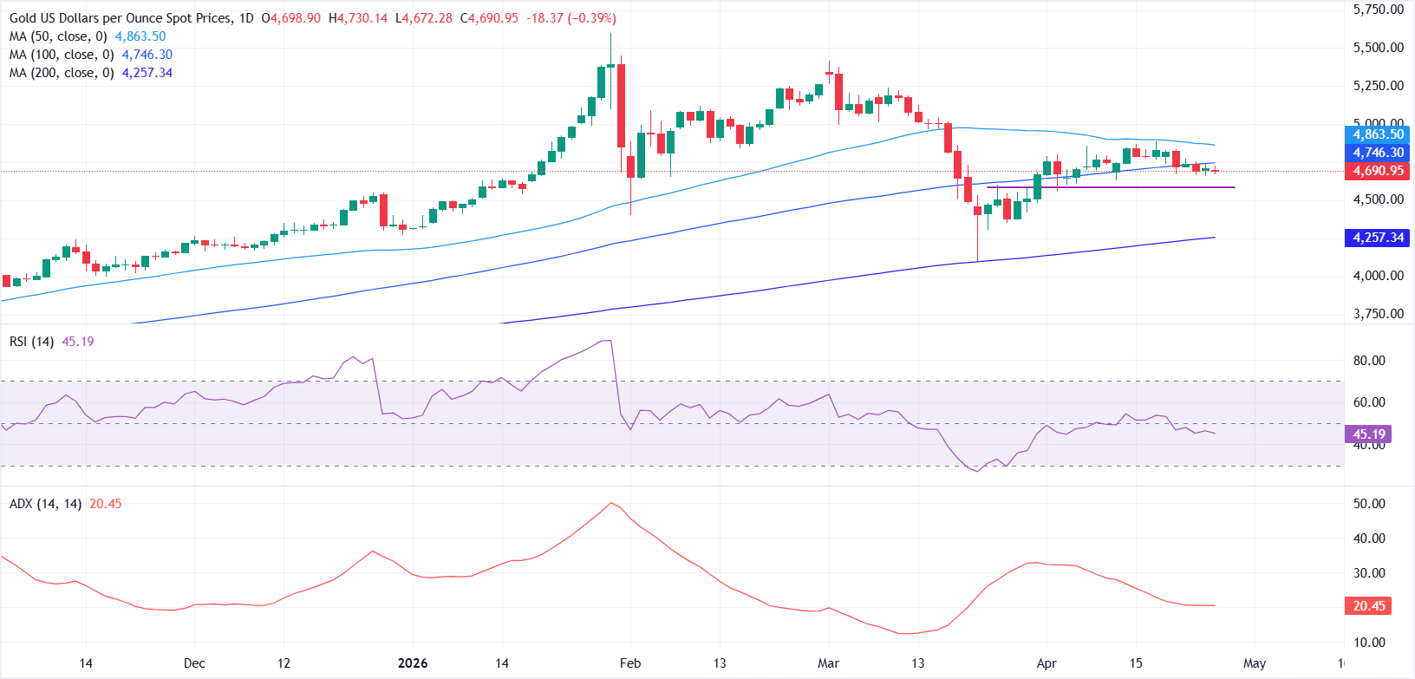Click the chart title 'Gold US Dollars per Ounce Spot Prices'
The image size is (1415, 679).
point(121,18)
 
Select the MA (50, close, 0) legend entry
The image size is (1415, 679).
point(58,36)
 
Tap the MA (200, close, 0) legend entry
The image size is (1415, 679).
point(62,73)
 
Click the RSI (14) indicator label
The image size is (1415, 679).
point(32,342)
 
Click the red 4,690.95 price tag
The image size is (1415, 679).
point(1378,171)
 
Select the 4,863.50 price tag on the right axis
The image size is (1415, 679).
point(1378,134)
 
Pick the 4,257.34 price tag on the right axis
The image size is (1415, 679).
point(1378,238)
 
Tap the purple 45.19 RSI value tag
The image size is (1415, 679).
point(1369,434)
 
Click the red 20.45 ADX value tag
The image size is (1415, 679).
point(1369,606)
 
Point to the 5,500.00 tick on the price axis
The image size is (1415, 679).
point(1378,48)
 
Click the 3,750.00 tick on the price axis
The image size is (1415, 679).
point(1378,314)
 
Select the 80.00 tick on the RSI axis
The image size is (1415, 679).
point(1369,361)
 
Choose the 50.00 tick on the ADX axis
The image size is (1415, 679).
point(1369,504)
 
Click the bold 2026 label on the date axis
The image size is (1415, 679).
point(413,663)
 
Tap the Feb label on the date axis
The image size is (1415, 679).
point(630,663)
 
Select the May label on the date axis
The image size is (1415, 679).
point(1255,663)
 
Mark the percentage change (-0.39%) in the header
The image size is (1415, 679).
point(592,18)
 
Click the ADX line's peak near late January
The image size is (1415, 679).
point(611,503)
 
